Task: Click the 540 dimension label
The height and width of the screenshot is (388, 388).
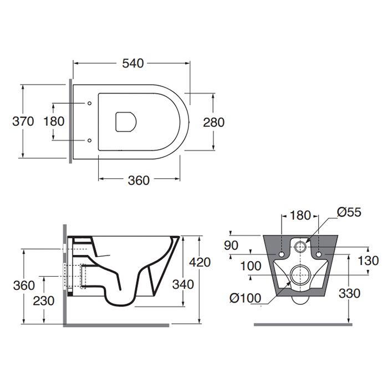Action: coord(133,63)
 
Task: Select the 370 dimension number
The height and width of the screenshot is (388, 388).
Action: coord(23,121)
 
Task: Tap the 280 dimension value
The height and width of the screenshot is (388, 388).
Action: coord(214,122)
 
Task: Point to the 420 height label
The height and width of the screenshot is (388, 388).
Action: coord(200,262)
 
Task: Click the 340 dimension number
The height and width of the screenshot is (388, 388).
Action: coord(183,284)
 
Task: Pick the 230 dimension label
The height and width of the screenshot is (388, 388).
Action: coord(44,301)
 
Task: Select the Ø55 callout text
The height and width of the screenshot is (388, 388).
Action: coord(349,212)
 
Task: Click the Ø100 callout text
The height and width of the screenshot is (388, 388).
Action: coord(245,298)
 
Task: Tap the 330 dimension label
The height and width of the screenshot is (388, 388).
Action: coord(349,294)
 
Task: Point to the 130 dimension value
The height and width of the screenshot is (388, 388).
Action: coord(369,261)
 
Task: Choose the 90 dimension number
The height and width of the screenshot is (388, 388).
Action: coord(231,245)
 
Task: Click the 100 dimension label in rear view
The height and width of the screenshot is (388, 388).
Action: coord(251,266)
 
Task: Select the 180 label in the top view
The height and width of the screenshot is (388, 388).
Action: coord(54,121)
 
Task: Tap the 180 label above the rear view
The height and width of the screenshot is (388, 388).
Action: coord(300,215)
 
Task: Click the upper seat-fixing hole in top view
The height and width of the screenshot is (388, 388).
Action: coord(90,103)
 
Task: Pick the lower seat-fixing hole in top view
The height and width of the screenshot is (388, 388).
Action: coord(90,141)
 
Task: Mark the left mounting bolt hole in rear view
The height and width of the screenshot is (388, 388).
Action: coord(282,254)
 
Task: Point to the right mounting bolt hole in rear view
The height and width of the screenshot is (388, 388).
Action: coord(319,254)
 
